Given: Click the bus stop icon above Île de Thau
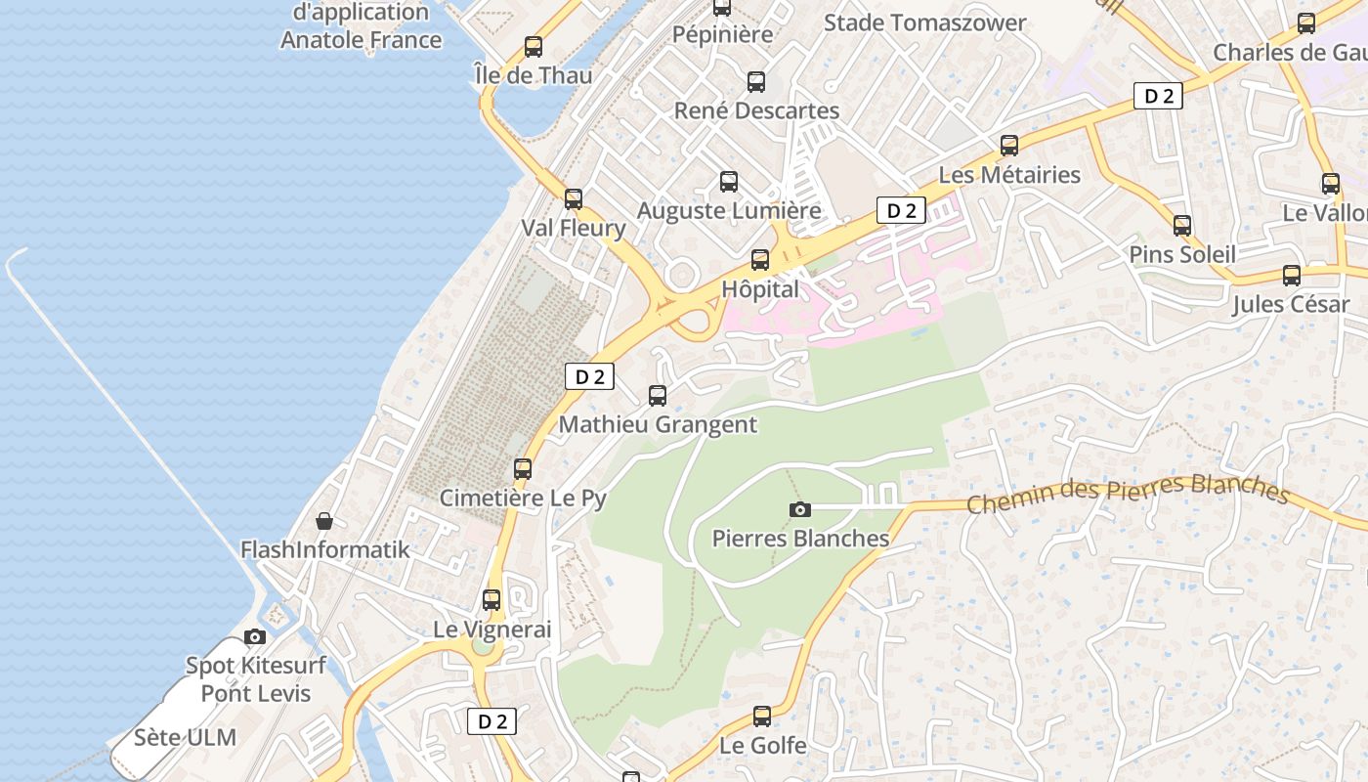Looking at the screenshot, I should click(x=534, y=46).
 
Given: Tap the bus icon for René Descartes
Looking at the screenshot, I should click(x=756, y=82).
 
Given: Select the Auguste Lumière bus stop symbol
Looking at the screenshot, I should click(x=729, y=181).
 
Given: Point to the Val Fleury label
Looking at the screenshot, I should click(x=574, y=229).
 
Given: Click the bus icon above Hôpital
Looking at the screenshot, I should click(x=760, y=260).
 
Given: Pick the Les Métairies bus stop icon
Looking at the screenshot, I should click(x=1009, y=146).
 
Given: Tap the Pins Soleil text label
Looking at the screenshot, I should click(x=1182, y=254).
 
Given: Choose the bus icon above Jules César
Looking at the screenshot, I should click(x=1292, y=276).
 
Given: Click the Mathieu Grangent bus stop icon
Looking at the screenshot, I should click(x=658, y=396).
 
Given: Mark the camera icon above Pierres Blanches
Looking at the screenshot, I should click(x=800, y=509).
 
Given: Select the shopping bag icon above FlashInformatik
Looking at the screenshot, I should click(x=324, y=521).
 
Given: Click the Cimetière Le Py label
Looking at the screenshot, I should click(x=523, y=498).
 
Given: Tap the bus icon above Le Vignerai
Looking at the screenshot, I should click(x=492, y=600).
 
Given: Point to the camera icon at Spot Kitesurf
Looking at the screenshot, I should click(x=255, y=637).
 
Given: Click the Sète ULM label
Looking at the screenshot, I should click(x=185, y=737).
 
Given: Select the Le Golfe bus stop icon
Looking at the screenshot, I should click(x=762, y=717).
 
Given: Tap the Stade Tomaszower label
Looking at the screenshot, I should click(x=924, y=22).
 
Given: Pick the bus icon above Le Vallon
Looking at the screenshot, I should click(x=1331, y=183).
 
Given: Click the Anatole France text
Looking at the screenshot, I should click(x=362, y=40).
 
